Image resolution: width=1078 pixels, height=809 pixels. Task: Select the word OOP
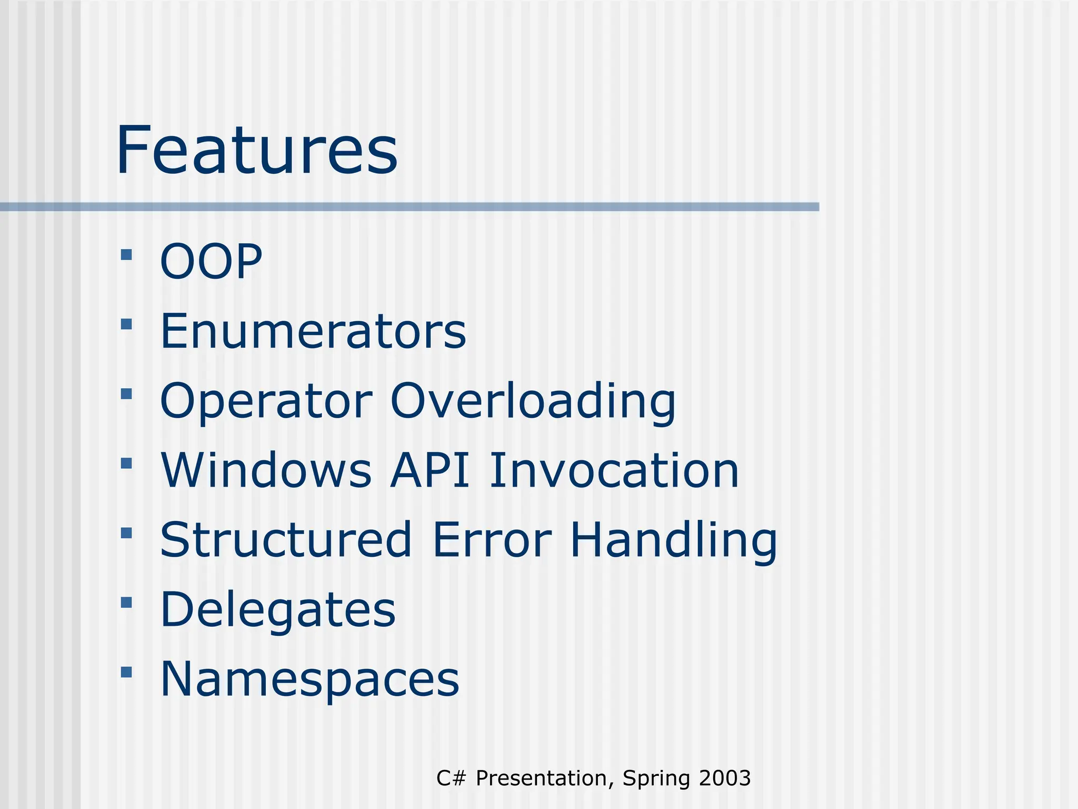point(211,261)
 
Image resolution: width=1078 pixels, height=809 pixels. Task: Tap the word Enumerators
point(313,331)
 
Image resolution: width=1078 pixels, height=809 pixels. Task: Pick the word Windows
point(266,470)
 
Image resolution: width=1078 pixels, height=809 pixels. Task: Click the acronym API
point(430,470)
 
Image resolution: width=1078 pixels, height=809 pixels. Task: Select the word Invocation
point(614,470)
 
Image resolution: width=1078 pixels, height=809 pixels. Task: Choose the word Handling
point(673,541)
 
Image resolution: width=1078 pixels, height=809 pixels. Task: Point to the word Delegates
point(277,610)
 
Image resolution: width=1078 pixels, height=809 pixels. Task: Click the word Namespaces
point(310,680)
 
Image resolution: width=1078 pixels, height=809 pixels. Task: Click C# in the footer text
point(451,778)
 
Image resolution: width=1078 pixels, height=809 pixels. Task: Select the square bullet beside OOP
point(126,255)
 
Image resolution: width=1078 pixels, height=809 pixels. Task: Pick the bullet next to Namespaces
point(126,672)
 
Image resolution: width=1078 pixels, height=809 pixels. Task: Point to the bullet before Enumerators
point(126,324)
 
